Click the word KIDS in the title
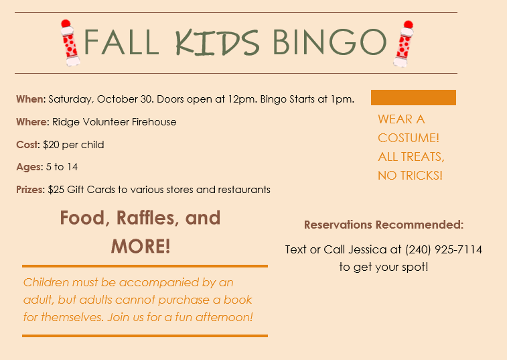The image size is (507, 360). click(x=217, y=42)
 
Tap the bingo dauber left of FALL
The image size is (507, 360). click(x=70, y=43)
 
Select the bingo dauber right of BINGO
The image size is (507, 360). click(x=403, y=44)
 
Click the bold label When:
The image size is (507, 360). click(x=31, y=99)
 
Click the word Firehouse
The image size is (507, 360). click(x=154, y=122)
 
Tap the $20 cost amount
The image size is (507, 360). click(x=51, y=144)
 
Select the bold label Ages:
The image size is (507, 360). click(x=29, y=167)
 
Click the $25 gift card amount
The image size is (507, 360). click(x=56, y=190)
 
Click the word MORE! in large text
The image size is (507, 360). click(x=141, y=246)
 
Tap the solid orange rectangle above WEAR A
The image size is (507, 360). click(x=413, y=97)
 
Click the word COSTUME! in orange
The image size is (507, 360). click(x=409, y=138)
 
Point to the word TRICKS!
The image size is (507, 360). click(x=421, y=176)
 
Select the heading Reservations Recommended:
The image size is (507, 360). click(x=384, y=225)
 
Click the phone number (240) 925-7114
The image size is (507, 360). click(x=443, y=249)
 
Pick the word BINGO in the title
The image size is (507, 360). click(x=330, y=42)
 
